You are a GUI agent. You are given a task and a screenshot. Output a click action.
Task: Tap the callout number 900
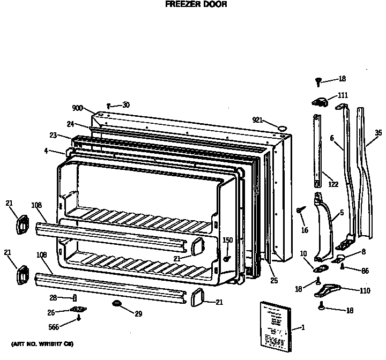77,108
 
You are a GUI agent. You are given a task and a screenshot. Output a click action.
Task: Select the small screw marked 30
109,106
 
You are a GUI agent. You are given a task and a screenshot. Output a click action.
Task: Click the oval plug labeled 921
281,127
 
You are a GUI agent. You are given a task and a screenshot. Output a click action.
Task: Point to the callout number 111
343,95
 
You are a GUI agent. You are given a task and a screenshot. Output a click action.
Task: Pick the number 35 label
378,133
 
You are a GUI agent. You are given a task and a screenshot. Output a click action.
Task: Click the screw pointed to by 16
298,211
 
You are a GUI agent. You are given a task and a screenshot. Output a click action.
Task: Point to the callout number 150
228,239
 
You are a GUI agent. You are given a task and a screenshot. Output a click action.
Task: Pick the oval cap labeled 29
116,304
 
